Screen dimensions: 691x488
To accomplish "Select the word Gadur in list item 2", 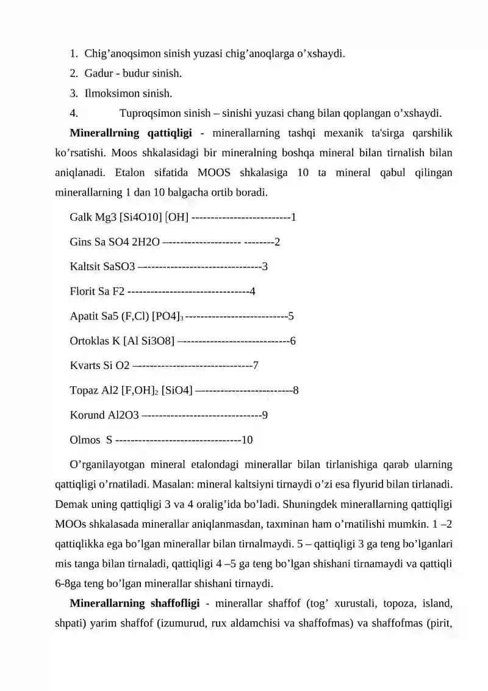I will (98, 73).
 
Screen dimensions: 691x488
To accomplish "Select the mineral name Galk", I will (81, 217).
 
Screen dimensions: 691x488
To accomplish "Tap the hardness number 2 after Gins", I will (278, 242).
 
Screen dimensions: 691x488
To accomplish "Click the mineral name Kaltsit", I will (85, 267).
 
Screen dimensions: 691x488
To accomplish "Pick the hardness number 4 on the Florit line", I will (253, 291).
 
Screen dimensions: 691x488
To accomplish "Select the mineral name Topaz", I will (84, 390).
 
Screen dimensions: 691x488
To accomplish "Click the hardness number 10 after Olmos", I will (248, 440).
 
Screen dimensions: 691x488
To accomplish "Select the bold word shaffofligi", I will (174, 604).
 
